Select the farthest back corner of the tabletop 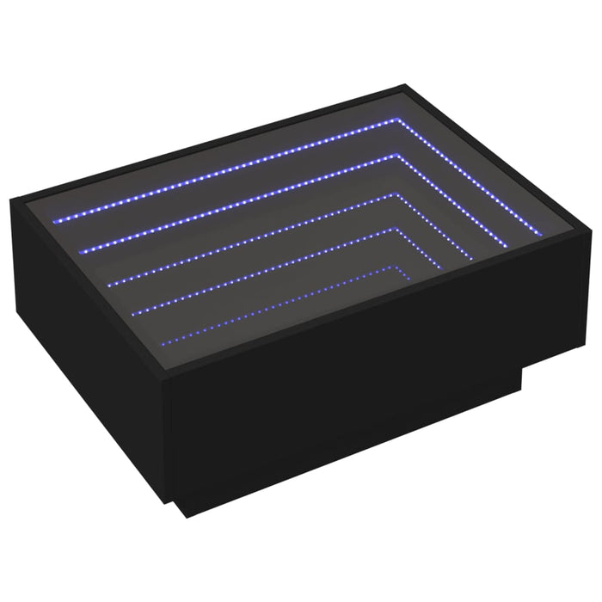404,85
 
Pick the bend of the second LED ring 398,157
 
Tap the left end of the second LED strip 82,250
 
